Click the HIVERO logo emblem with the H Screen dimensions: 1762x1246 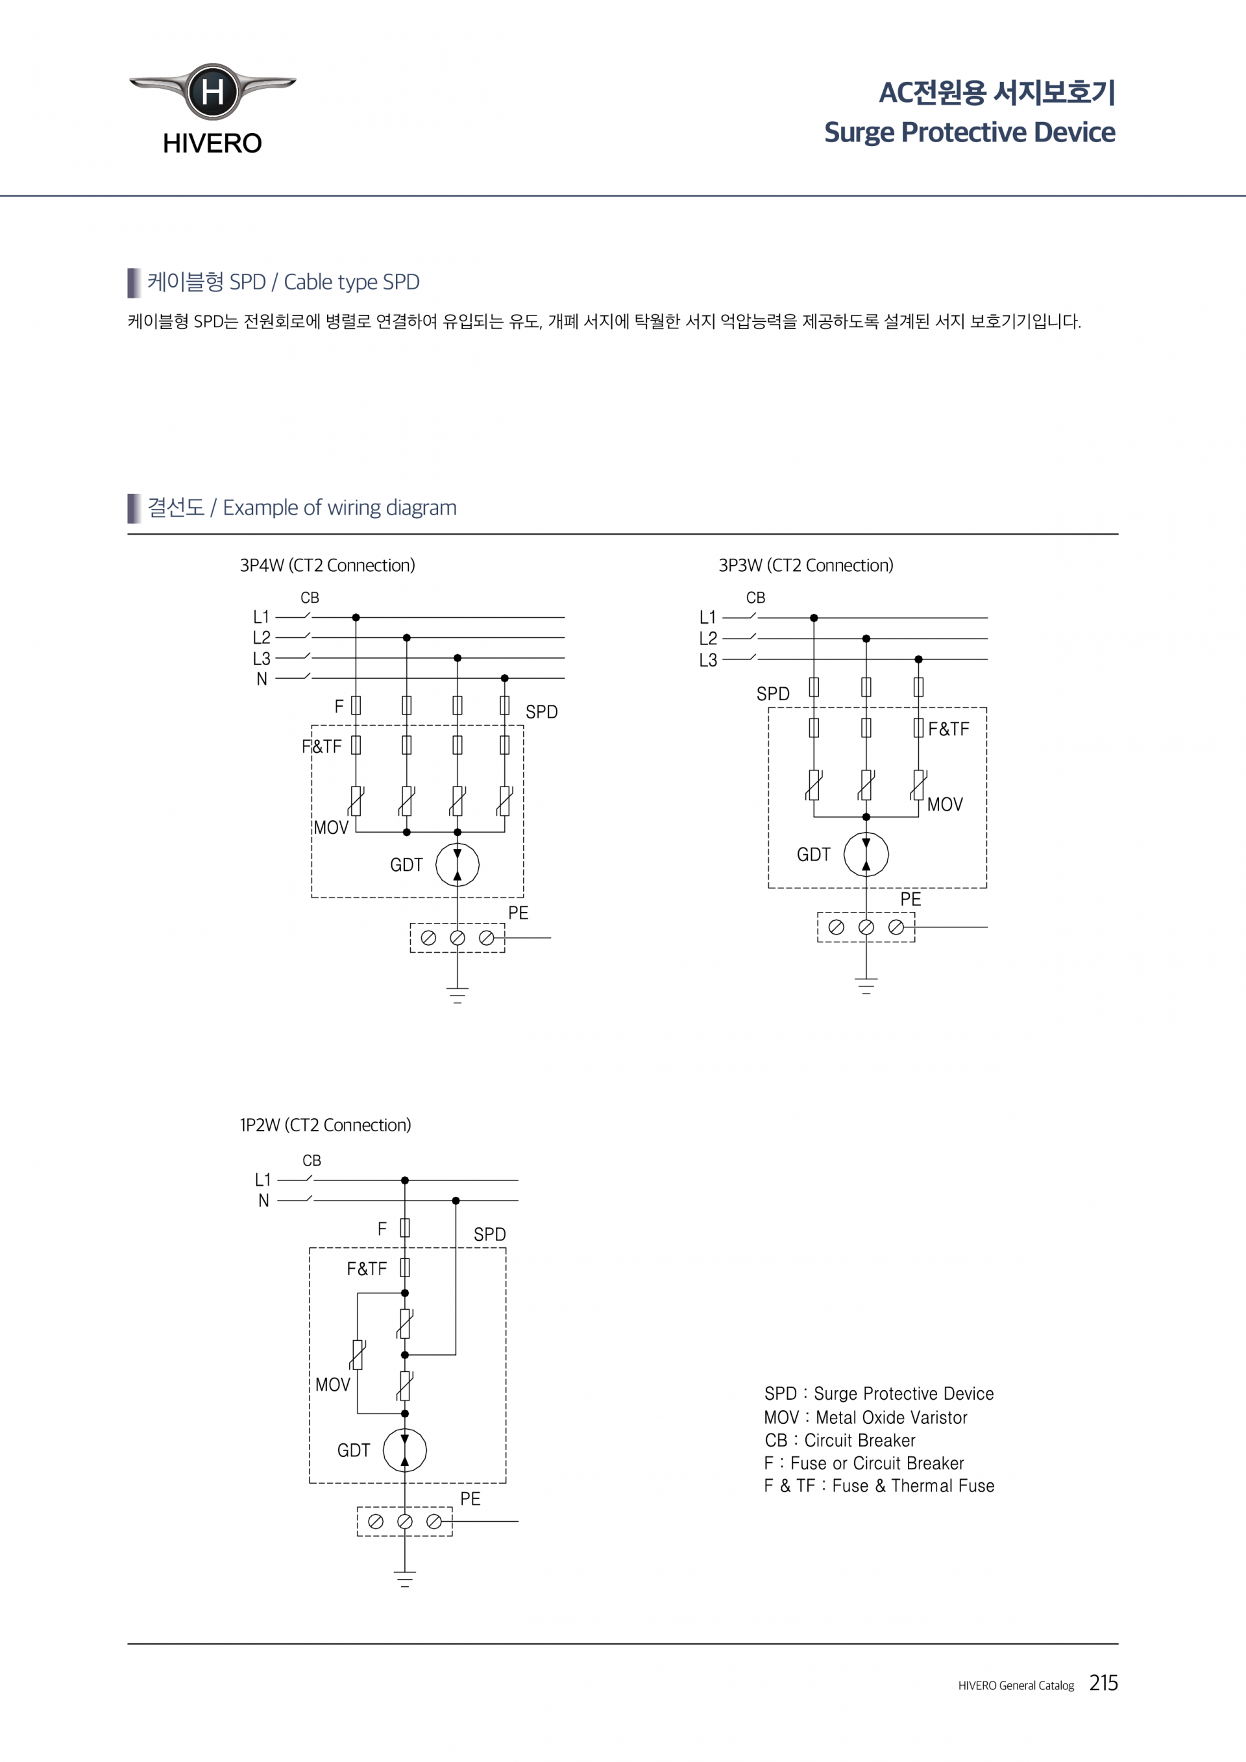212,92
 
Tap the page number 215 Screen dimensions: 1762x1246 1103,1683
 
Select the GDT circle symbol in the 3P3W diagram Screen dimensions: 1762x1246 866,854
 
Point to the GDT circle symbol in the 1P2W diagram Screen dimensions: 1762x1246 404,1450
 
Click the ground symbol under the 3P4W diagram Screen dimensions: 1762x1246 458,996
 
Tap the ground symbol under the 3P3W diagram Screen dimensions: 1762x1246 866,986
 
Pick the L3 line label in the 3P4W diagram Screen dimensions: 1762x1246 262,659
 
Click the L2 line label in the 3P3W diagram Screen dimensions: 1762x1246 708,639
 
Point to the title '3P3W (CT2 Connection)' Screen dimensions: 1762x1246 805,565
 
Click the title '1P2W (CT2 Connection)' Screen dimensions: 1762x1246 325,1125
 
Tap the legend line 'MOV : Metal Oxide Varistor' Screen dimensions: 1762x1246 866,1417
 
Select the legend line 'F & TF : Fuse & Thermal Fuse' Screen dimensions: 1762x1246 879,1486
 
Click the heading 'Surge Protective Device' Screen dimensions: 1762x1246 969,132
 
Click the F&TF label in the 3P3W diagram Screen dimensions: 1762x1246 948,729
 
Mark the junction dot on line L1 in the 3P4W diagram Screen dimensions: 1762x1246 356,617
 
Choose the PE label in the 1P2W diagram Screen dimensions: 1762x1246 470,1499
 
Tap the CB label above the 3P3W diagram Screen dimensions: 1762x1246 756,597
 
